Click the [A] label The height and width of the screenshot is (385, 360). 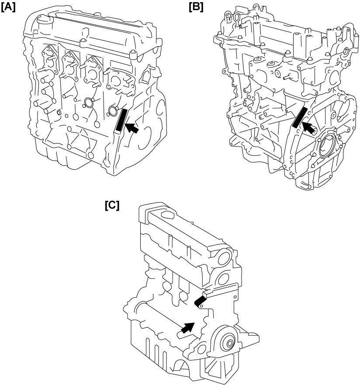[x=8, y=7]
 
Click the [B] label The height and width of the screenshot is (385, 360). [x=196, y=7]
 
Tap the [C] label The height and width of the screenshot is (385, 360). [x=112, y=205]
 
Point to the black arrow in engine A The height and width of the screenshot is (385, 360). [x=132, y=128]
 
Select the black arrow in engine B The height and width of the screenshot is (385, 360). [x=309, y=128]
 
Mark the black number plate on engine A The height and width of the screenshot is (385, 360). [x=121, y=120]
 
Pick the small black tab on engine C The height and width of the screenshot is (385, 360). [x=200, y=301]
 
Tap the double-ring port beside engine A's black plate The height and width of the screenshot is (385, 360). [x=113, y=111]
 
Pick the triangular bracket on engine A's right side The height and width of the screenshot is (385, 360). [x=146, y=74]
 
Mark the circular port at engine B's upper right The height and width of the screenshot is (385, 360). [x=345, y=52]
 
